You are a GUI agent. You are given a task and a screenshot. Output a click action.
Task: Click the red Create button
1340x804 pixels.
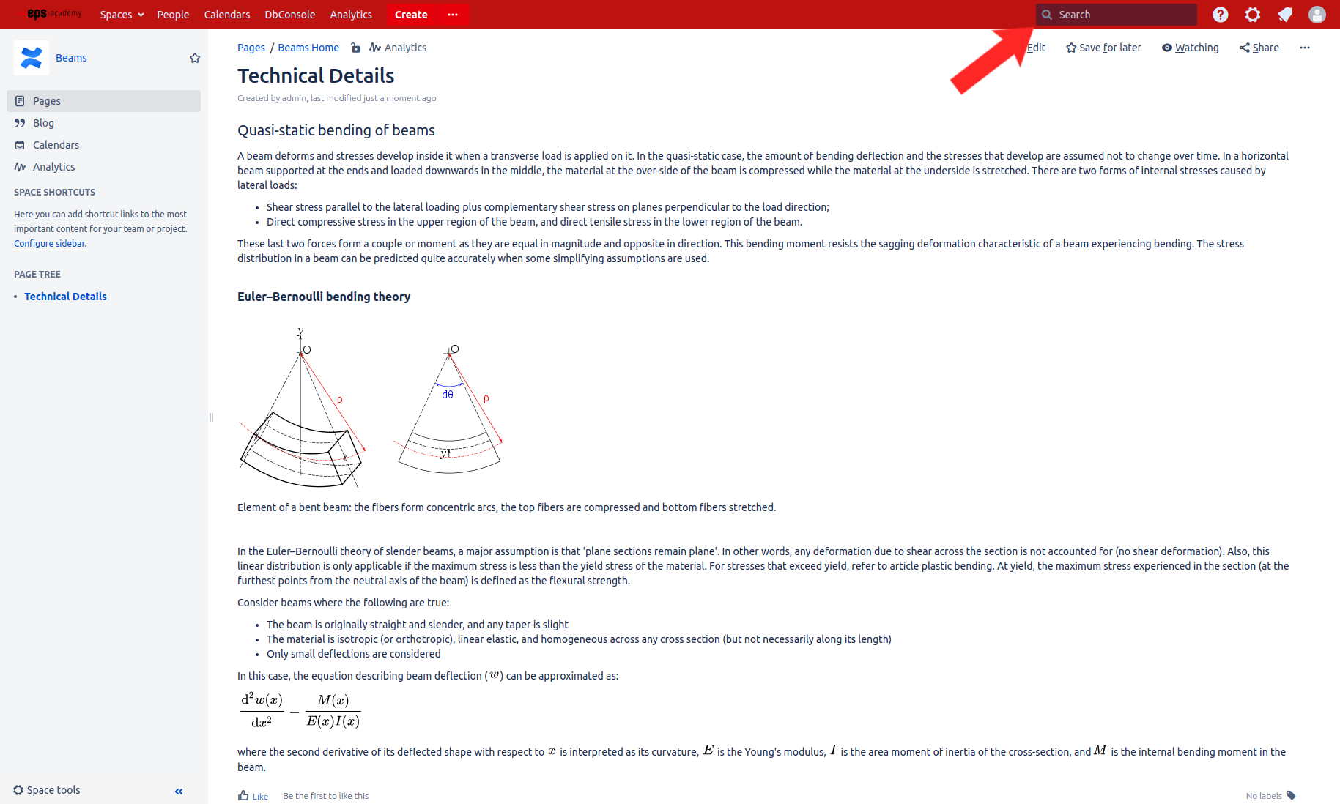[411, 15]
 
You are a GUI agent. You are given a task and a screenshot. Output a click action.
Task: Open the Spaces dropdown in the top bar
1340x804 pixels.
[122, 15]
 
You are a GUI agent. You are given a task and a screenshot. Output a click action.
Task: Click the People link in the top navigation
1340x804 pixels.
[173, 15]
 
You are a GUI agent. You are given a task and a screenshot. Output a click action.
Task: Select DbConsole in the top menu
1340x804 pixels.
[289, 15]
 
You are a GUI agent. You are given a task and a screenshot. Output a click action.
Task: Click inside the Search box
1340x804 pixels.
[1121, 15]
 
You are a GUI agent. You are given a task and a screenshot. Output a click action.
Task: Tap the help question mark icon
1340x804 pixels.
[1220, 15]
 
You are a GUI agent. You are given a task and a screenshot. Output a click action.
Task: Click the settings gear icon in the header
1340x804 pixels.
[1253, 15]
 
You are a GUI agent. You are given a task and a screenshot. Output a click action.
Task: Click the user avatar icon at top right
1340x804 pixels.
[1317, 15]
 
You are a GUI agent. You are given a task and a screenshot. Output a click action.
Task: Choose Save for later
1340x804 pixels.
[1103, 48]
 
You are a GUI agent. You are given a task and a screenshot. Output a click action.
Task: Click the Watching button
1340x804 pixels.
[1191, 48]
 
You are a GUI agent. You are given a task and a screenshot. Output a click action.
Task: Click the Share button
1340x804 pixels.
[1259, 48]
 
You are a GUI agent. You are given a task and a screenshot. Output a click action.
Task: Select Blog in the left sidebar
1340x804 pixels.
[43, 123]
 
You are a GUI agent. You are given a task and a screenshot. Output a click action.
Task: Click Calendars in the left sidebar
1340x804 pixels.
[56, 145]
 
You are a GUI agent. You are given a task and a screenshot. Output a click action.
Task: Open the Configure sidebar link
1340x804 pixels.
[49, 244]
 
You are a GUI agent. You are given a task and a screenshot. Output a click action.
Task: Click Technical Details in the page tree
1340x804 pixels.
[65, 297]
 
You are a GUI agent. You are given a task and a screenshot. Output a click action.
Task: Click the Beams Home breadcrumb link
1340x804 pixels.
[308, 48]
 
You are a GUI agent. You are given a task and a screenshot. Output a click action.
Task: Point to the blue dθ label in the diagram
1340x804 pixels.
[448, 395]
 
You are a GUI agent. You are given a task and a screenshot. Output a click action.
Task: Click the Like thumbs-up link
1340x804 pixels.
[253, 796]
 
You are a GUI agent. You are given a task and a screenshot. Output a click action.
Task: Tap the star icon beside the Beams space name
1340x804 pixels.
[195, 58]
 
